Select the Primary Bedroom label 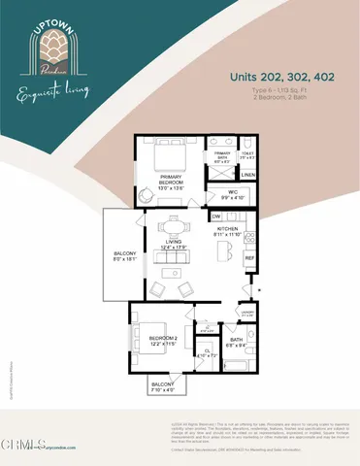pos(173,178)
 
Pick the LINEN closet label pos(247,174)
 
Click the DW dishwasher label pos(216,216)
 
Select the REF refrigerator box pos(248,257)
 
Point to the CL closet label pos(207,353)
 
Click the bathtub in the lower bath pos(239,364)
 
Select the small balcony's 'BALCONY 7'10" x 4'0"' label pos(163,385)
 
